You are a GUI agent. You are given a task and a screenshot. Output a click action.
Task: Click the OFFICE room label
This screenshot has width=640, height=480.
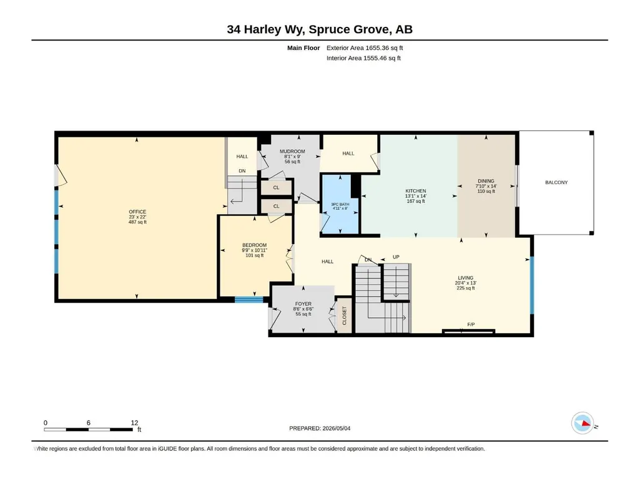point(137,212)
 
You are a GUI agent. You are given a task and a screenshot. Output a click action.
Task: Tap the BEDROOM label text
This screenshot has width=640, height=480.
point(254,245)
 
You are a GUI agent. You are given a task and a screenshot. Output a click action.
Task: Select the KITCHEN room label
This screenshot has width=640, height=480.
point(415,191)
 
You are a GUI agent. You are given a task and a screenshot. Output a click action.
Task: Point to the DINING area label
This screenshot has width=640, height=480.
point(486,181)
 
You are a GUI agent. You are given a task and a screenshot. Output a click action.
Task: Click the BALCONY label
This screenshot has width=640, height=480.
point(556,182)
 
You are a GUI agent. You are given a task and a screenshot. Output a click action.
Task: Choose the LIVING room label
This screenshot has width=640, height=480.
point(465,278)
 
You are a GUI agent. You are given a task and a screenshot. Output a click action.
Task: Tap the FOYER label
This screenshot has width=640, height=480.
point(303,304)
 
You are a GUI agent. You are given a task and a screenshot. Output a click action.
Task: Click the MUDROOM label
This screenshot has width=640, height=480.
point(292,152)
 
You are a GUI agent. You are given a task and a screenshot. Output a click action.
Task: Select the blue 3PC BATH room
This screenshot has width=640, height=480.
point(340,204)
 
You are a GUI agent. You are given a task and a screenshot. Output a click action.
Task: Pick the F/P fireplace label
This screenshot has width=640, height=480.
point(471,325)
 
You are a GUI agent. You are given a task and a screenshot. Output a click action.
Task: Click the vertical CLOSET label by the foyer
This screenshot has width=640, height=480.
point(344,315)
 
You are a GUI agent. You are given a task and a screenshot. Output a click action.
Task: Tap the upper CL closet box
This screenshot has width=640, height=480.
point(277,187)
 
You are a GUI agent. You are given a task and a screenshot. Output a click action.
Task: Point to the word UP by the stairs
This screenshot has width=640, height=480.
point(396,257)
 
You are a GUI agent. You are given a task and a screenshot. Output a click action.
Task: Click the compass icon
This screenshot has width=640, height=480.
point(583,423)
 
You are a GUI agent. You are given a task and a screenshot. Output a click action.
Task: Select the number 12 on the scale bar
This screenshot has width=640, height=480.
point(134,423)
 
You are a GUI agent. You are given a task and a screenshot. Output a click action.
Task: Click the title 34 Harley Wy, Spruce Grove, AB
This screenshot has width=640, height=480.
point(320,29)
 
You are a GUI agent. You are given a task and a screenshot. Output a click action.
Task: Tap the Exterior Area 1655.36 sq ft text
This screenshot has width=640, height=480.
point(365,48)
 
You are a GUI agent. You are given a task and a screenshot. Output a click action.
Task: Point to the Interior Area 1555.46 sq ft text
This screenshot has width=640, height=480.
point(363,58)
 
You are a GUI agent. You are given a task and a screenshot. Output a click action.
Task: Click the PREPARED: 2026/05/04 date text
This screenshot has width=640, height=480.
point(320,428)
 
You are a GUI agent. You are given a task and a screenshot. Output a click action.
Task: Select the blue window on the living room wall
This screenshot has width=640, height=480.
point(531,285)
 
